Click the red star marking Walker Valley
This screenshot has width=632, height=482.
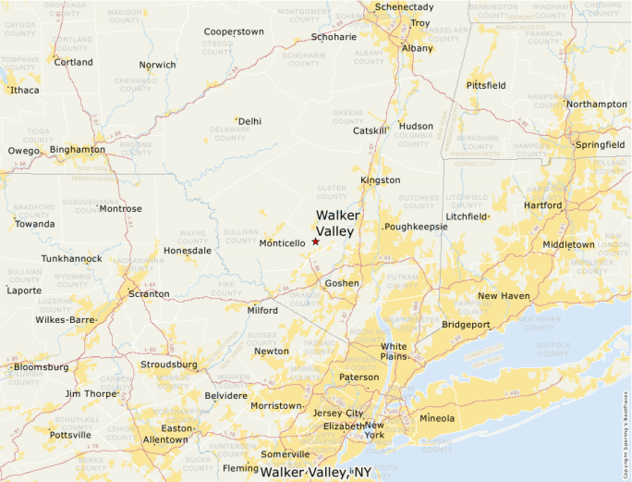click(315, 241)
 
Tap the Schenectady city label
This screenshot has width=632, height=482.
click(404, 7)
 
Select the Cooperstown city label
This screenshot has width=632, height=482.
click(234, 31)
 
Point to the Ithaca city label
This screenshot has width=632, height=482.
click(25, 90)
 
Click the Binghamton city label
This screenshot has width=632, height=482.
click(78, 149)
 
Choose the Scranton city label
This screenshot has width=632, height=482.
click(149, 293)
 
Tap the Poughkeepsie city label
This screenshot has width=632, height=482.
click(417, 226)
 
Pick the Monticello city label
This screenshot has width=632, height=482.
click(282, 243)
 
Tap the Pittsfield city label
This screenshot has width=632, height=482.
click(486, 85)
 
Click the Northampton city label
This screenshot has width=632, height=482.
click(597, 105)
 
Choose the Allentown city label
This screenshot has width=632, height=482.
click(164, 439)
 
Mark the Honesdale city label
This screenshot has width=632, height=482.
click(188, 250)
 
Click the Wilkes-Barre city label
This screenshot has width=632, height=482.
click(66, 319)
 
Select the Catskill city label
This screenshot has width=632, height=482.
click(371, 130)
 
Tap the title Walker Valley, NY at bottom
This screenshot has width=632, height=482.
click(315, 472)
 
